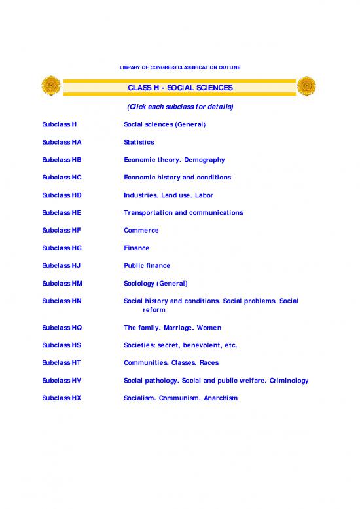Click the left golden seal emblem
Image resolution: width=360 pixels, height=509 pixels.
51,86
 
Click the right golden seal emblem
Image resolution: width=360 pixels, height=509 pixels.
306,86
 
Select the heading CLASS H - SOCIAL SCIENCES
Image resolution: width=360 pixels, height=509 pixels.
180,88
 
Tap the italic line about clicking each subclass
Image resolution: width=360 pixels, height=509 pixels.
179,107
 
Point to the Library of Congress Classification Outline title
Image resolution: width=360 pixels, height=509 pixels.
179,68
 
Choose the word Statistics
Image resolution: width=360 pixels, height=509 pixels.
139,142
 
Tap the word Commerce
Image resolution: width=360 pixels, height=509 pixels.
141,231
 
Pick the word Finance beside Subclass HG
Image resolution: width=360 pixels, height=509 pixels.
136,248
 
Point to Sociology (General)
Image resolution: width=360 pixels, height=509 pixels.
155,284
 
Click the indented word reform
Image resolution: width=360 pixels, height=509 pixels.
154,310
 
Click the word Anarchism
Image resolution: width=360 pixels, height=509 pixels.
221,398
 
